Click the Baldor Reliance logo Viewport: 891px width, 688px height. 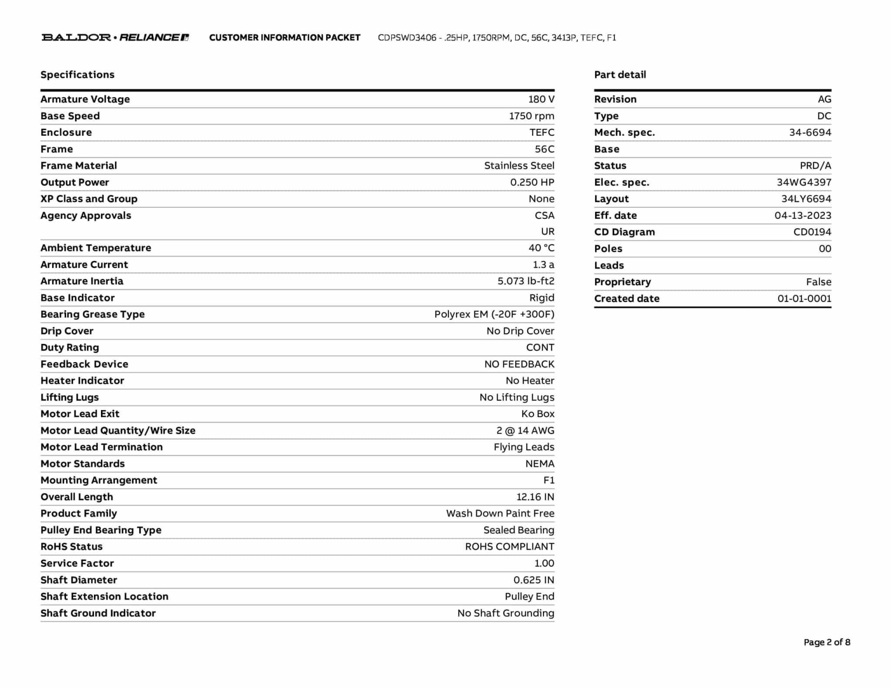coord(115,37)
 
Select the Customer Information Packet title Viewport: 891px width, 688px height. coord(285,37)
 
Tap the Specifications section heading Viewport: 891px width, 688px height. coord(77,74)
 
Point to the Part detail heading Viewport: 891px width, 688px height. coord(620,74)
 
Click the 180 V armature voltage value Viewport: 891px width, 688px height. coord(541,99)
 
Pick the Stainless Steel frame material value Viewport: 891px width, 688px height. coord(519,166)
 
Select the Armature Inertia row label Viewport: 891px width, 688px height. coord(82,281)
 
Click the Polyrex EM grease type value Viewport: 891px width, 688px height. coord(494,314)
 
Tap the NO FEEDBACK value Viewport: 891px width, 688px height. coord(519,364)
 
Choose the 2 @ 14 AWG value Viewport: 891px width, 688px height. coord(525,431)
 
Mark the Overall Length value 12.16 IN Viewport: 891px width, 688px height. coord(535,497)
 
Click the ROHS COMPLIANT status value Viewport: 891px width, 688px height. coord(509,547)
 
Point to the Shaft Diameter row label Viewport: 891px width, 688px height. coord(79,580)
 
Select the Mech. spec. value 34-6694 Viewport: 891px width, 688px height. coord(810,132)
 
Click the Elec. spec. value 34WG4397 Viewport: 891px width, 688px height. coord(804,182)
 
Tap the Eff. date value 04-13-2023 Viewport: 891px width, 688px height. coord(803,215)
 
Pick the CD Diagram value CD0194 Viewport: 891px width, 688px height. coord(812,232)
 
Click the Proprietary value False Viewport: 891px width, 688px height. coord(818,282)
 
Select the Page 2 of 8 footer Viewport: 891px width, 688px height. coord(827,642)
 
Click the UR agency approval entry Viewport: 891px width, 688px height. coord(548,231)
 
